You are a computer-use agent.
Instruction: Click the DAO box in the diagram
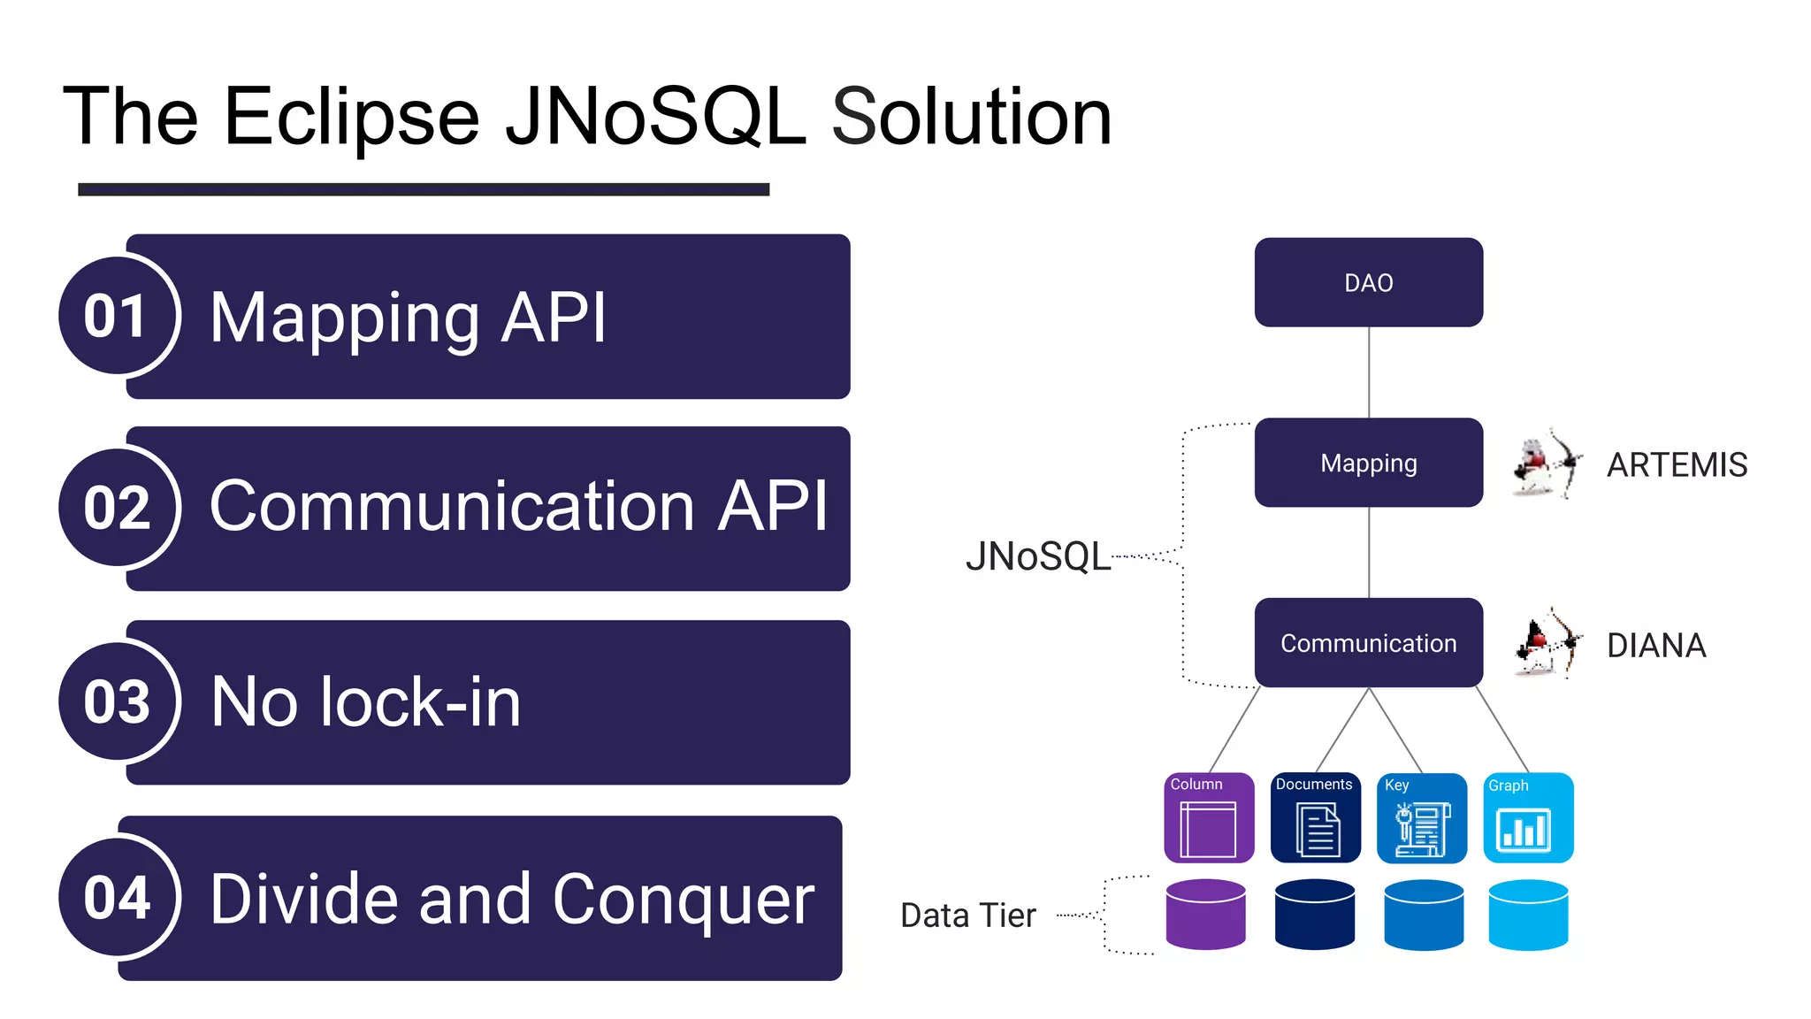pos(1368,282)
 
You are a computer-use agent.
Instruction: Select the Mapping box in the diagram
pos(1368,463)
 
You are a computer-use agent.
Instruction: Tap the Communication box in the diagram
pos(1368,643)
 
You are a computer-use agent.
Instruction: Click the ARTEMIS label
pos(1677,465)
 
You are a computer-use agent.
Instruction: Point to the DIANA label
pos(1655,646)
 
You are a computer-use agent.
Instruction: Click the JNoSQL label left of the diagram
pos(1037,557)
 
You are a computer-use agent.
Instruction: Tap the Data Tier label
pos(967,916)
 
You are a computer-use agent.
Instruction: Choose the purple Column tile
pos(1208,818)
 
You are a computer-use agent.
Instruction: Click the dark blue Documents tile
pos(1315,818)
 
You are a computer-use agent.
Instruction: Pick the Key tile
pos(1421,818)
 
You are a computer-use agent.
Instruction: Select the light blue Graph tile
pos(1527,818)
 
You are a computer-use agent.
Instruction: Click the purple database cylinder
pos(1205,916)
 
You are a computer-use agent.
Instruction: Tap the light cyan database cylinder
pos(1527,916)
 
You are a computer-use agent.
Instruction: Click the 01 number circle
pos(116,316)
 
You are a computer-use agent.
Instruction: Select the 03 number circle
pos(116,701)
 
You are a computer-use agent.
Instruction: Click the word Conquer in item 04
pos(683,900)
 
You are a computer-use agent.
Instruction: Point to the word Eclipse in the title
pos(351,117)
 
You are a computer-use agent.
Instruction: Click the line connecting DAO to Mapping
pos(1369,372)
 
